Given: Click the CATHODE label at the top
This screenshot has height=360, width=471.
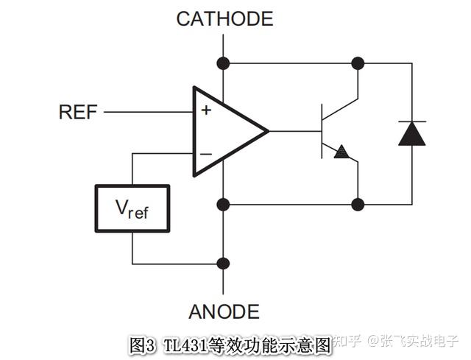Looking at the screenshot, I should (x=224, y=18).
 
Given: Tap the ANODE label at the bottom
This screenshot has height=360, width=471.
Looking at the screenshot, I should (x=224, y=311).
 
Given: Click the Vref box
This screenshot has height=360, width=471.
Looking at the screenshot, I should (x=132, y=209).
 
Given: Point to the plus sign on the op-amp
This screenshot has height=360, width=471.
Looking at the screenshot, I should (x=206, y=110).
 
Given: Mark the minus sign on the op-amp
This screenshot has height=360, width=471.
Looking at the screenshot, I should (x=206, y=154).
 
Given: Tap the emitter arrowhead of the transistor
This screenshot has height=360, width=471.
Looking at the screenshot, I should (x=341, y=152).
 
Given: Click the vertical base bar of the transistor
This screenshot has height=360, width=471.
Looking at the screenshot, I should (x=322, y=132).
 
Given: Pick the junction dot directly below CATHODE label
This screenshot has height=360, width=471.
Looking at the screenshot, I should (x=224, y=63).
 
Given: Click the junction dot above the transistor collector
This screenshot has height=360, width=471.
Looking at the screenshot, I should (x=358, y=63).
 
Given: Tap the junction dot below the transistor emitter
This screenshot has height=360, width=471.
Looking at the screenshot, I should (x=358, y=204).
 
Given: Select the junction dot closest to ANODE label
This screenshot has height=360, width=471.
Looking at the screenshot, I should (x=224, y=264).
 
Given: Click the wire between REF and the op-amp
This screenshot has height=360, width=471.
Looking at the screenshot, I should (x=147, y=112).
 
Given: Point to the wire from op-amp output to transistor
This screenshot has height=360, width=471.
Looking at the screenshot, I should (x=294, y=132).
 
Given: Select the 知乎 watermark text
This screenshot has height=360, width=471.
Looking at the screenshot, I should (x=348, y=340).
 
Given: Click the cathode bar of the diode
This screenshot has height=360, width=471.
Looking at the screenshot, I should (x=412, y=121).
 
